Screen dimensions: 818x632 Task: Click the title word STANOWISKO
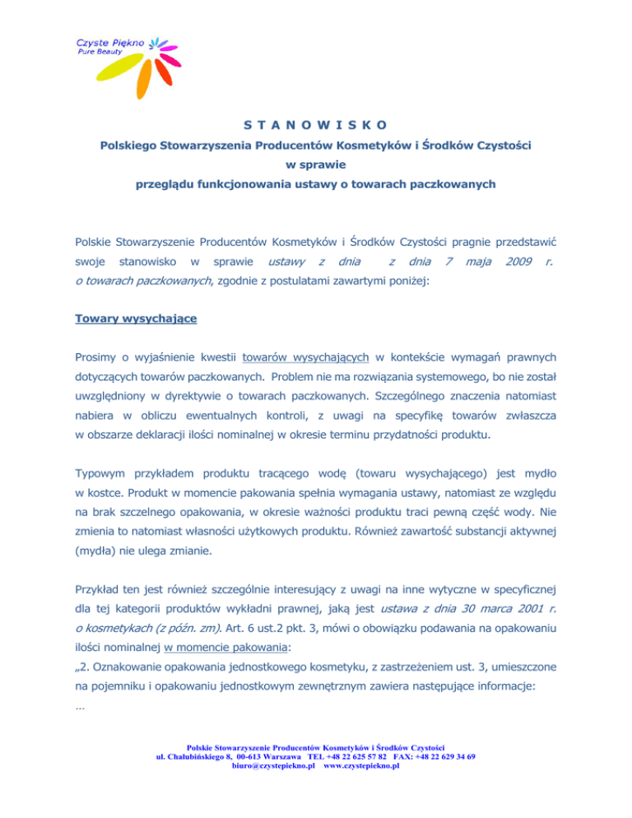point(316,126)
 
